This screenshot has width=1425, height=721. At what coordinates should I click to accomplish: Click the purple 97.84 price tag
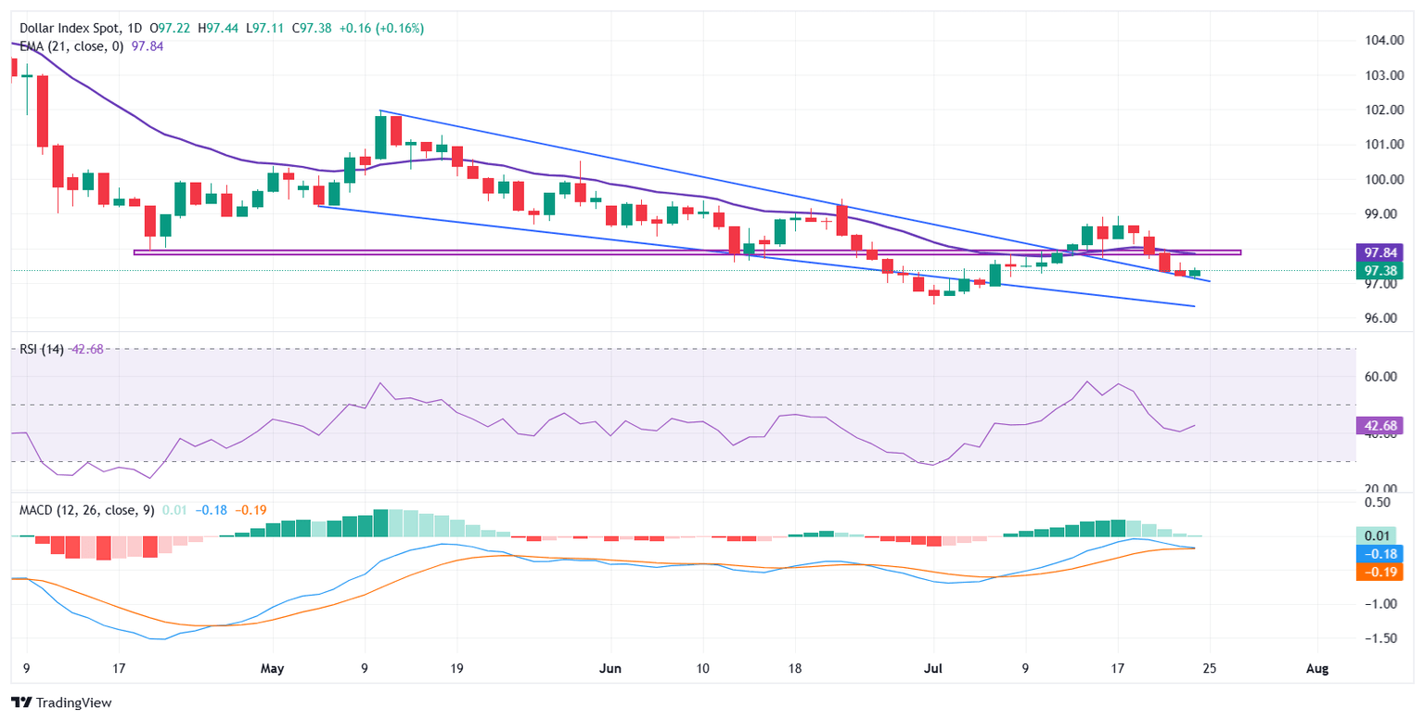(x=1377, y=252)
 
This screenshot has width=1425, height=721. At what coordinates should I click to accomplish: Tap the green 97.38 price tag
(x=1377, y=270)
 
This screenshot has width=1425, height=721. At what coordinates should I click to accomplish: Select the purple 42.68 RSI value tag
(x=1377, y=426)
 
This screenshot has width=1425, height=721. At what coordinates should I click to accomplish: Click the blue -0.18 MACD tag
(x=1377, y=553)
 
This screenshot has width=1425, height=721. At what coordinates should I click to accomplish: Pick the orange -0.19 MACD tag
(x=1377, y=571)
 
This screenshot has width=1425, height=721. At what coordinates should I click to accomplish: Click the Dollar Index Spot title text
(x=66, y=29)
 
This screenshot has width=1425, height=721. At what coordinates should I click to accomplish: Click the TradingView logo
(x=61, y=702)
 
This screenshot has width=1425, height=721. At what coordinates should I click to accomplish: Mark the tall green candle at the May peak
(x=380, y=136)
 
